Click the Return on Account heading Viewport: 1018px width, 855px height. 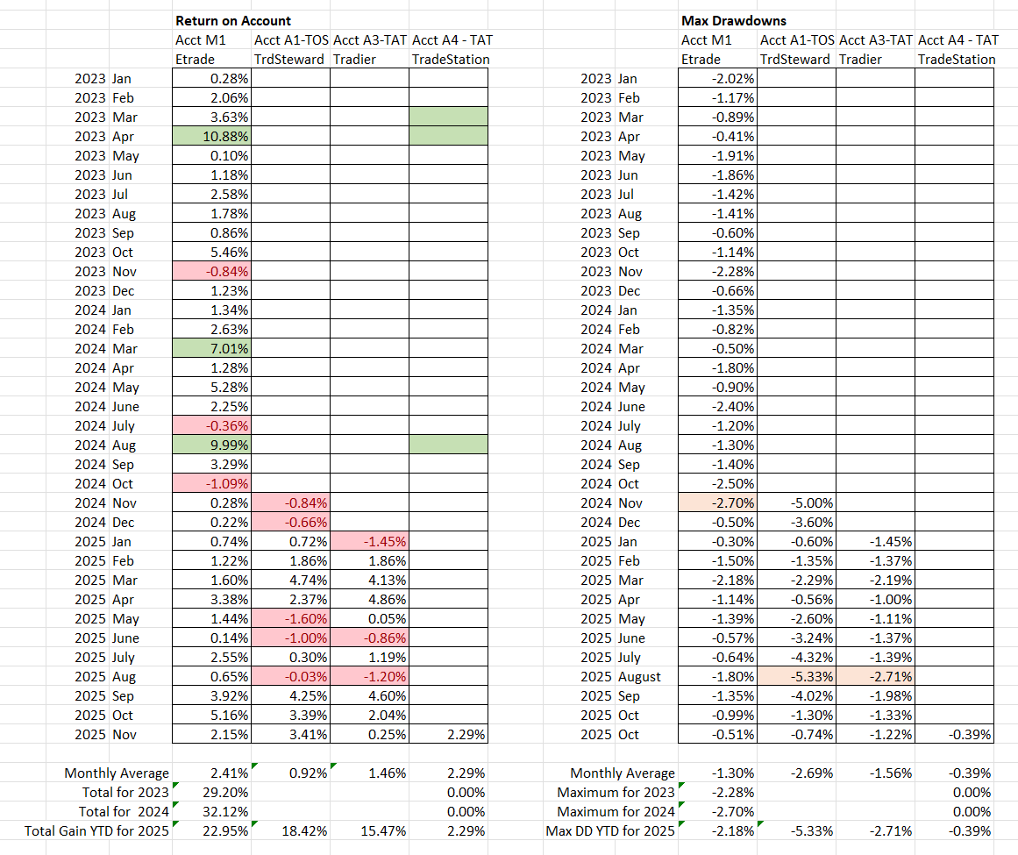(233, 20)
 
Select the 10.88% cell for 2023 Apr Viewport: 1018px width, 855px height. (212, 136)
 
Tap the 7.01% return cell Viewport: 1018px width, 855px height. (212, 348)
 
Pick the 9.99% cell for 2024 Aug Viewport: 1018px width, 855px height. (212, 445)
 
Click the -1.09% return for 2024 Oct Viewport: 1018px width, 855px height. (212, 483)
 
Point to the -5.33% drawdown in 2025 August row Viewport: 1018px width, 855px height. (797, 676)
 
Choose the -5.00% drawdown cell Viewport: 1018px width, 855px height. (797, 502)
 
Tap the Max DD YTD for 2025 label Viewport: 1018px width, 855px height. (610, 830)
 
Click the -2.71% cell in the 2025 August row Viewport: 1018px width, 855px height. (876, 676)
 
